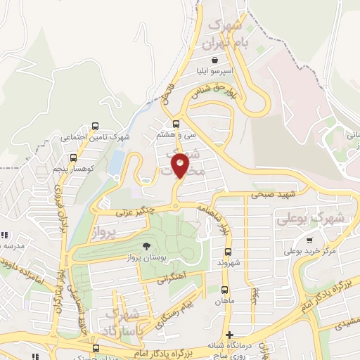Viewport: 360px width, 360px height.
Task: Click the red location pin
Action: (181, 166)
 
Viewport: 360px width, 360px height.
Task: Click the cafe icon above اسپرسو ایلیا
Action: (224, 60)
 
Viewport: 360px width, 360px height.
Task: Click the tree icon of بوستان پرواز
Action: (146, 246)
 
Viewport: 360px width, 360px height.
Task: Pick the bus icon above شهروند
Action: (228, 252)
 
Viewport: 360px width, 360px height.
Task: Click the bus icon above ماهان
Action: (224, 290)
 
